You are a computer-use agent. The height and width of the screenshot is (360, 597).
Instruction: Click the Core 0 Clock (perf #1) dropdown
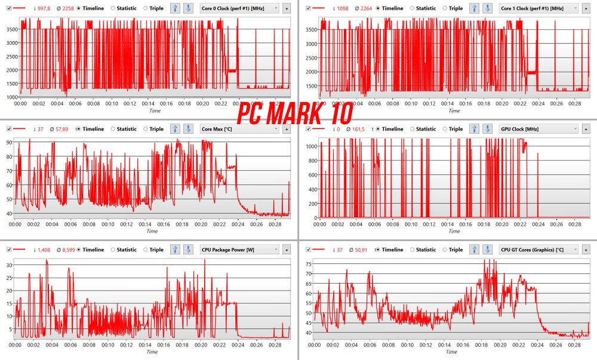[239, 8]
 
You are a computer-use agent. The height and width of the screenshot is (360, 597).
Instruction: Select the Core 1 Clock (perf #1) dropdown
[537, 8]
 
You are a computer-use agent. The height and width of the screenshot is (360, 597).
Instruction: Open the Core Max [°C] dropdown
[239, 129]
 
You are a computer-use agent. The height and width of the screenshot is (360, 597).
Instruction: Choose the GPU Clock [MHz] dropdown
[537, 129]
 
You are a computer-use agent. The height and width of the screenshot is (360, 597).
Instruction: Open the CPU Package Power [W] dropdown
[239, 250]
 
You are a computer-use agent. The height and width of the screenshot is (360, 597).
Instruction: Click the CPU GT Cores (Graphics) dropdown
[537, 250]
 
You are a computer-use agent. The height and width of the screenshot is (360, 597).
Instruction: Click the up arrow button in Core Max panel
[175, 129]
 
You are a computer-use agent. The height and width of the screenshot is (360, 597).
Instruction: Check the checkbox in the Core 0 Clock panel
[8, 8]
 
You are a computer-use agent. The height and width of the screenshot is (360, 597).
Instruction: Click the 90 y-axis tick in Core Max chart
[9, 142]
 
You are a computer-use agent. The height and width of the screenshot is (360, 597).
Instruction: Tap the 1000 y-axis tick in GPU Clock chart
[310, 146]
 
